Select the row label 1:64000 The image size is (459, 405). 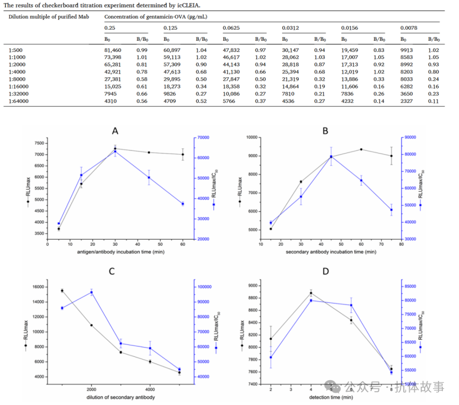[20, 101]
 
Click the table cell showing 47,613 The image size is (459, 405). [172, 72]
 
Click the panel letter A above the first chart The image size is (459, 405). [115, 131]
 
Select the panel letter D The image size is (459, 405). [325, 271]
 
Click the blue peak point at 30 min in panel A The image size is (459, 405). [115, 151]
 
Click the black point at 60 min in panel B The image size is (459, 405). [361, 149]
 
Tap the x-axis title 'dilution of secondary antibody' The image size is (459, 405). [120, 397]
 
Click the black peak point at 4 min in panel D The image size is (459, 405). [311, 293]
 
